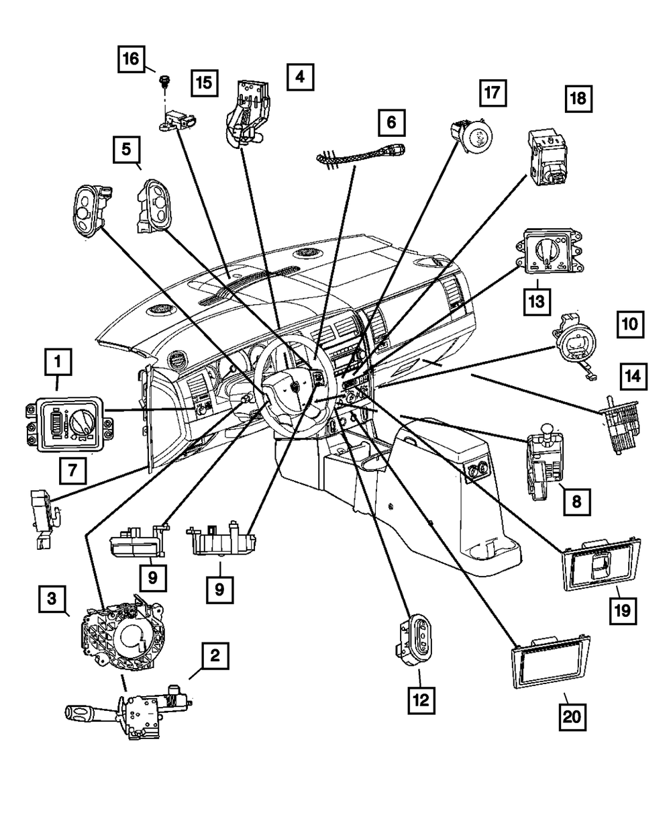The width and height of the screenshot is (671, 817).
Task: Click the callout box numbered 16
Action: point(131,59)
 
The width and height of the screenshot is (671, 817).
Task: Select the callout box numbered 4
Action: point(300,77)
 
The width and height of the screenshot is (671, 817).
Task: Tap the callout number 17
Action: point(493,93)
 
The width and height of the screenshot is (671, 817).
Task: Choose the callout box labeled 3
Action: point(52,598)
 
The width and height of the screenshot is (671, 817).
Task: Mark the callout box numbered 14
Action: point(634,379)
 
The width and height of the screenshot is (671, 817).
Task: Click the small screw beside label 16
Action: point(162,82)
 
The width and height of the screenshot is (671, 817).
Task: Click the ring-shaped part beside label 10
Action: point(572,340)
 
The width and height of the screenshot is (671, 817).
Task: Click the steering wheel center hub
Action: point(292,388)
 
